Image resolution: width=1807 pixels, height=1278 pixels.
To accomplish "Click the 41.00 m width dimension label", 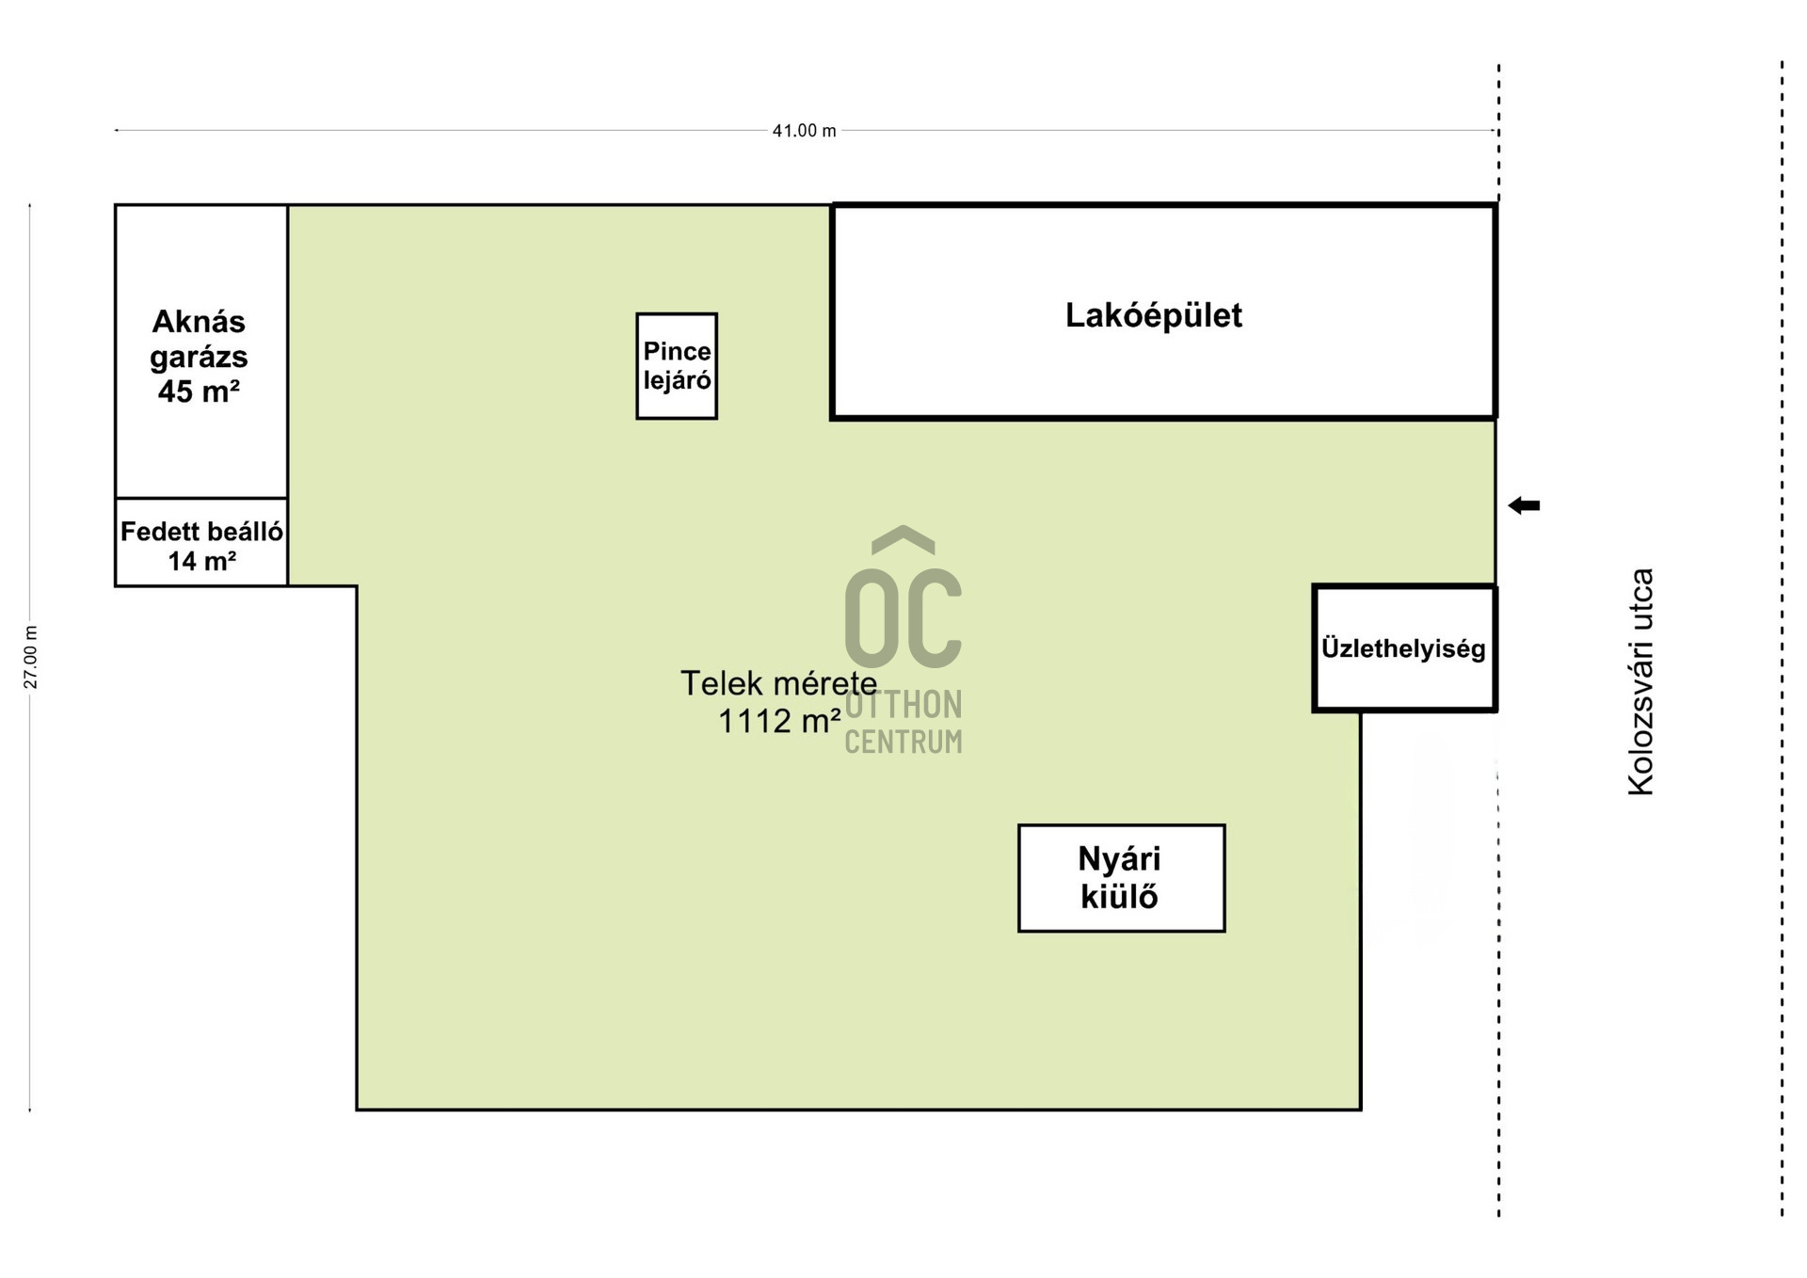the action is pos(804,131).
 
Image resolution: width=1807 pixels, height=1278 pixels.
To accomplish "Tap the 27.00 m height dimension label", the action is pos(31,657).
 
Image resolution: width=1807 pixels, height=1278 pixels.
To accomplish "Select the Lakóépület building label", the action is pos(1153,315).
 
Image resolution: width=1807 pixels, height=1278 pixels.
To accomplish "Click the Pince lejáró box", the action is pos(677,366).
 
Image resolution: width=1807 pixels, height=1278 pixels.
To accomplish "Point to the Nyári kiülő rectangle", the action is pos(1121,878).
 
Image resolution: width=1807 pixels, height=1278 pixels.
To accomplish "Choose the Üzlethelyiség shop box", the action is pos(1404,648).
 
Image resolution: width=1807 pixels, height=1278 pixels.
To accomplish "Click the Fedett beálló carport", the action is pos(201,542).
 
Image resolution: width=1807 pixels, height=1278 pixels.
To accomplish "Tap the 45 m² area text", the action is pos(199,391).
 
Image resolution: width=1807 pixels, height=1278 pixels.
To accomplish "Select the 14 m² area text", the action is pos(201,562).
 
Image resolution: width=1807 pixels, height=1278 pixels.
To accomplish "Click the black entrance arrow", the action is pos(1524,505).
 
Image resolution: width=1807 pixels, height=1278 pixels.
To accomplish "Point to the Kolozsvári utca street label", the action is pos(1640,682).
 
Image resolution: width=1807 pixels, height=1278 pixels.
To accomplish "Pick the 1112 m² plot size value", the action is pos(779,721).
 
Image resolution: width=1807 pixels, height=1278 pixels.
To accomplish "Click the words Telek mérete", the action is pos(778,683).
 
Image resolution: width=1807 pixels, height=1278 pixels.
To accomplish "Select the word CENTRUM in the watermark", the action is pos(903,743).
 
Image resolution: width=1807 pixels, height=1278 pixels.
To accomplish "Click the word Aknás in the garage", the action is pos(199,322).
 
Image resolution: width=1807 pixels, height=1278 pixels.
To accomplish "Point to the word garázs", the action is pos(199,358).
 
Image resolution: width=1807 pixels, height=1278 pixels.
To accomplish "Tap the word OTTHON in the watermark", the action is pos(903,705).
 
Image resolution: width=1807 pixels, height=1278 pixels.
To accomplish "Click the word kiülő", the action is pos(1119,897).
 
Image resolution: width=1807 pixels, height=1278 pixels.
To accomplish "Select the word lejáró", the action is pos(677,381).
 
